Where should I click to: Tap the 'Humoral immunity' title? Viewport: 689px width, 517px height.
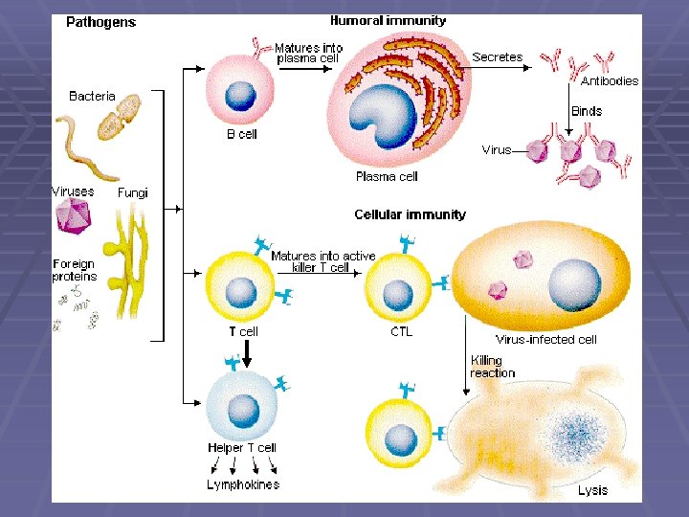[x=388, y=20]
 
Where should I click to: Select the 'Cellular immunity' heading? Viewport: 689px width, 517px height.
[x=410, y=214]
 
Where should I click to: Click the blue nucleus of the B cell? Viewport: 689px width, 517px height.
[x=240, y=95]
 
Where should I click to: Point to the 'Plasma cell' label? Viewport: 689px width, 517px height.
[x=387, y=176]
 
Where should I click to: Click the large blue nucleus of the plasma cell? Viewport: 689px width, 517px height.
[x=382, y=117]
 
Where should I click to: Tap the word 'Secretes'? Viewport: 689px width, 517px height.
[x=497, y=57]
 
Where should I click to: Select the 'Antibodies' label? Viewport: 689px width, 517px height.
[x=610, y=81]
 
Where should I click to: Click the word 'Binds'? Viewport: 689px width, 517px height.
[x=587, y=111]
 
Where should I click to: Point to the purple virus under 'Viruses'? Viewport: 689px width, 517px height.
[x=74, y=216]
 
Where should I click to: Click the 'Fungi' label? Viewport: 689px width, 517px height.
[x=133, y=192]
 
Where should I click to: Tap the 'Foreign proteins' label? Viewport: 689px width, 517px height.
[x=74, y=270]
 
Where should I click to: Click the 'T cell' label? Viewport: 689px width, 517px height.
[x=242, y=332]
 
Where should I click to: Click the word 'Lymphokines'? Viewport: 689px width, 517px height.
[x=243, y=484]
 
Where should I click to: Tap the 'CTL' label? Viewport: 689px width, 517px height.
[x=402, y=332]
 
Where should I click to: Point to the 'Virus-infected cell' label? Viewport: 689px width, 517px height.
[x=546, y=340]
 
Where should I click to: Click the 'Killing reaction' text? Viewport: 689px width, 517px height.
[x=492, y=367]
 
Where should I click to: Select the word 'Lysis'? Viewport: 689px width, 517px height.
[x=592, y=490]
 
